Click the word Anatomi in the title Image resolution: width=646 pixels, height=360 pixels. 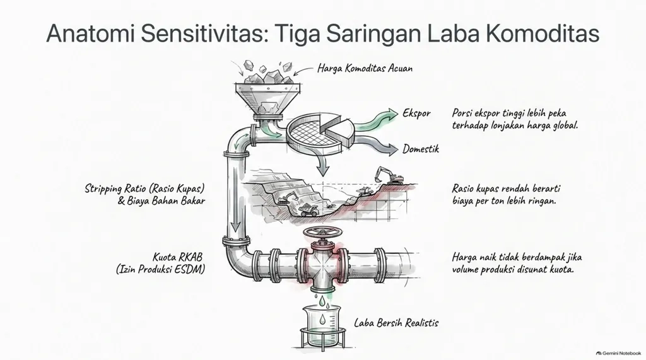coord(91,33)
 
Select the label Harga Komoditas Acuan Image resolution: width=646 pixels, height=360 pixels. coord(365,68)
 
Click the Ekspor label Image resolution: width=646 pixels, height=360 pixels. coord(416,113)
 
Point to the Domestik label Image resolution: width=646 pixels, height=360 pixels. coord(421,149)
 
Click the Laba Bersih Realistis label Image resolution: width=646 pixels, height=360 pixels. coord(396,323)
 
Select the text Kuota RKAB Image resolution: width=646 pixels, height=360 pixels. coord(177,257)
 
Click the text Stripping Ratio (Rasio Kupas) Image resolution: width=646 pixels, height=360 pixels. coord(144,189)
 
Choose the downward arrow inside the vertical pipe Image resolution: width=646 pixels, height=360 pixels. coord(235,206)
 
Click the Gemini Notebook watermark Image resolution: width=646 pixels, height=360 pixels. coord(618,353)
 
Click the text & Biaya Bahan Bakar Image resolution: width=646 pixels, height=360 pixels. coord(161,201)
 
